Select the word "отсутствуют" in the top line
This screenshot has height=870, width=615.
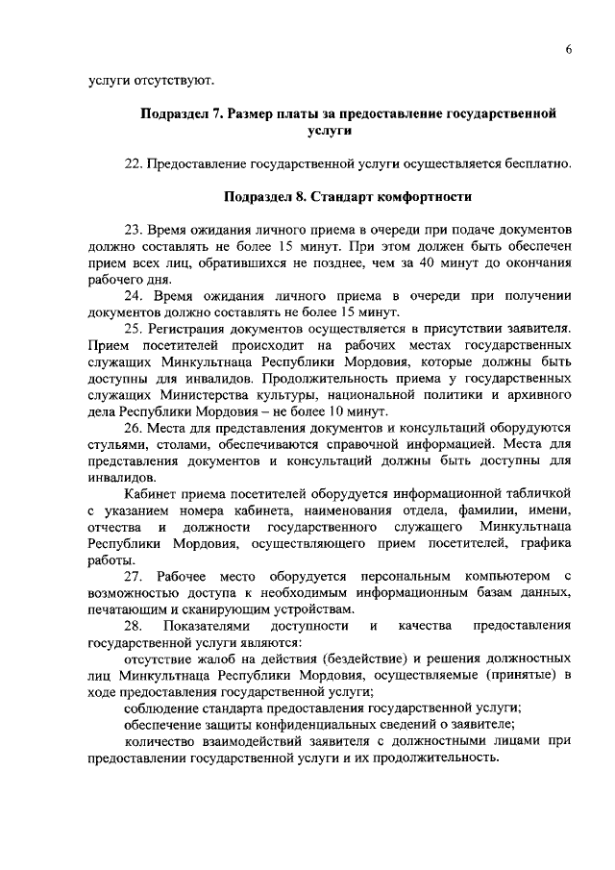[x=167, y=78]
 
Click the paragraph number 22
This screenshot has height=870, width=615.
[x=135, y=164]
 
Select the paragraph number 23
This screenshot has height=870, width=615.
[x=135, y=230]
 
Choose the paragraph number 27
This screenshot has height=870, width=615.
[x=135, y=576]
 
